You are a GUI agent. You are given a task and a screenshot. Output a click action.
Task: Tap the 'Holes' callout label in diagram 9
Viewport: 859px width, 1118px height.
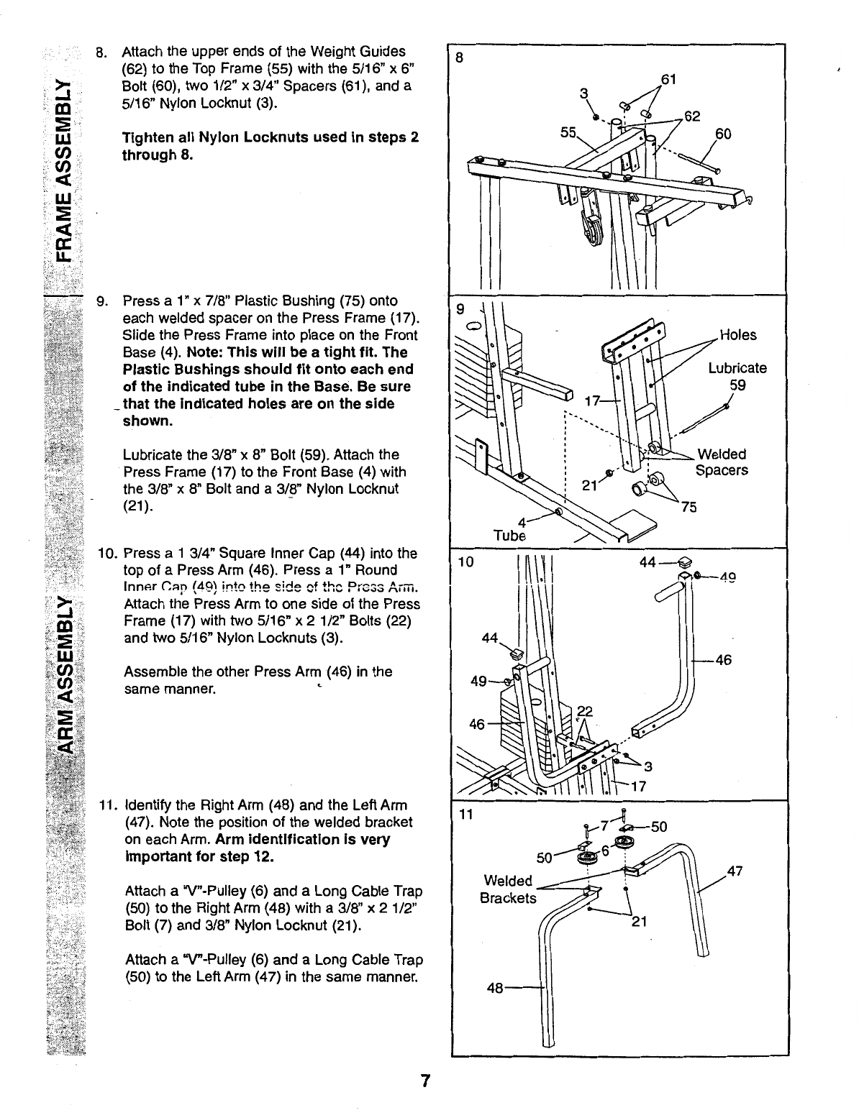(738, 335)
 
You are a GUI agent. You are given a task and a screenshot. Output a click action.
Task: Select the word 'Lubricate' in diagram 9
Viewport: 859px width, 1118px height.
(737, 368)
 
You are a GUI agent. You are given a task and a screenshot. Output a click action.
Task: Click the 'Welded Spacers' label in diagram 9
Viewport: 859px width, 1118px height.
(722, 462)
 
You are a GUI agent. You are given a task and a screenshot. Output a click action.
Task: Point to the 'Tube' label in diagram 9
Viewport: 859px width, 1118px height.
(510, 536)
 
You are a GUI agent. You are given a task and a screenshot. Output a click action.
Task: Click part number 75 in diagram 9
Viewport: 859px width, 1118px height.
(689, 507)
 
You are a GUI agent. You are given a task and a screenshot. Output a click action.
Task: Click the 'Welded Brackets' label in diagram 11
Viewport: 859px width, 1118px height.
(508, 889)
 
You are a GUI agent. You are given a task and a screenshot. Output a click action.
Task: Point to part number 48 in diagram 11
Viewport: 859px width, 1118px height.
(495, 988)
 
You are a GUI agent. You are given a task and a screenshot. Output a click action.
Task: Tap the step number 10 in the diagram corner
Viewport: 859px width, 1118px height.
(465, 562)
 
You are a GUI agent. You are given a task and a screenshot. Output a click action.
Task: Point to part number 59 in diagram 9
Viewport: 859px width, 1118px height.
(737, 385)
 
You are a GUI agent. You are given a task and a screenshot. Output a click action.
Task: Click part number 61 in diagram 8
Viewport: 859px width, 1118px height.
(668, 78)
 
